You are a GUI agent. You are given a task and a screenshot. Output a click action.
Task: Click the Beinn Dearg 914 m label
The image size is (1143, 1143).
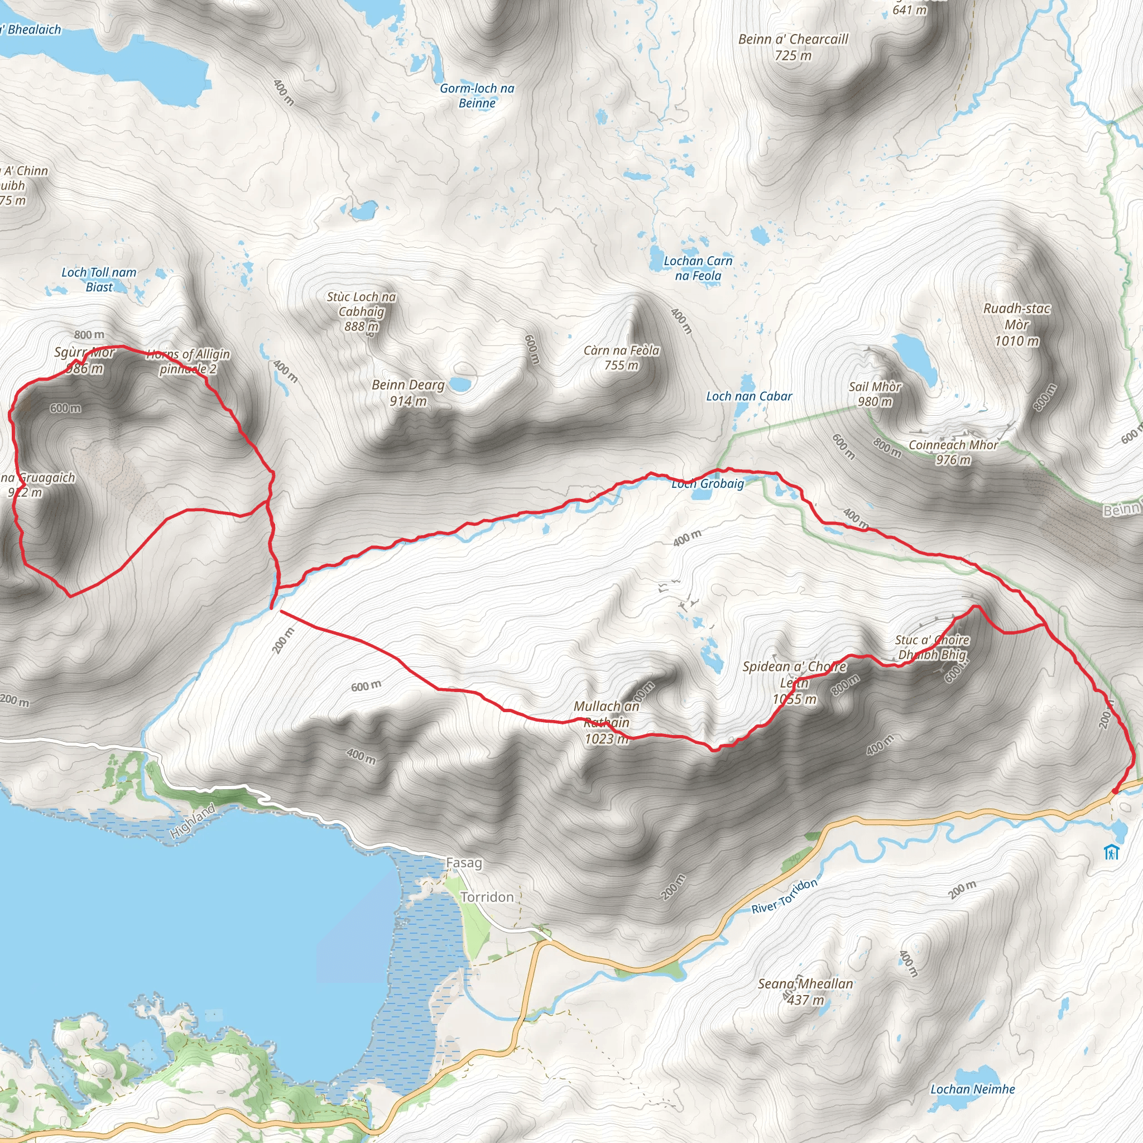click(x=407, y=393)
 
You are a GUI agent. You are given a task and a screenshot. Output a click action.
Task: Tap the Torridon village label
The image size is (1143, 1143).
click(x=487, y=897)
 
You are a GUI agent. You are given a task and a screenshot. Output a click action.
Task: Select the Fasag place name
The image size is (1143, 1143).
click(x=464, y=863)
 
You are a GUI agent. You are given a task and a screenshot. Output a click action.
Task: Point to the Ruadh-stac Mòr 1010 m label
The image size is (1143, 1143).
click(x=1016, y=324)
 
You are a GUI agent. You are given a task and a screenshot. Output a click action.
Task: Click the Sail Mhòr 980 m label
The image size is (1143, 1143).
click(x=875, y=394)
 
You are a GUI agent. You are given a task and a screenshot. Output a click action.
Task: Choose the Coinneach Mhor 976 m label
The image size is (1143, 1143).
click(x=953, y=452)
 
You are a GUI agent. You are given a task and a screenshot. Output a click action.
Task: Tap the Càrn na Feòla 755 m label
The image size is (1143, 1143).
click(x=621, y=357)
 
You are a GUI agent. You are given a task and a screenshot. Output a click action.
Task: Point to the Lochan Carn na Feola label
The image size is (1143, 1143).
click(x=698, y=268)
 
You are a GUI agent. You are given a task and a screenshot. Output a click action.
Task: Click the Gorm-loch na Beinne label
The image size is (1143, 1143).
click(x=477, y=95)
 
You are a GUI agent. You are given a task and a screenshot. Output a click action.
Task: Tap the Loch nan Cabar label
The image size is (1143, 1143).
click(x=749, y=396)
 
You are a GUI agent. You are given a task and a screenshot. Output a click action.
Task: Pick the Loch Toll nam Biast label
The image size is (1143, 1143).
click(x=99, y=279)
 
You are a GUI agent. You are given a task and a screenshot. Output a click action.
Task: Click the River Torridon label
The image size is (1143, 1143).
click(x=784, y=896)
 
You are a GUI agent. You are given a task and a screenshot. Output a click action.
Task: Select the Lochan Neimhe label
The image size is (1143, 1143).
click(x=972, y=1089)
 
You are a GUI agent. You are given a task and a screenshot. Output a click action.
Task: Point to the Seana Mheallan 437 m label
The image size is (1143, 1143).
click(x=805, y=992)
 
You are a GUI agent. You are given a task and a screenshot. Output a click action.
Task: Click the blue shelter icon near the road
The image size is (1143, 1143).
click(x=1111, y=853)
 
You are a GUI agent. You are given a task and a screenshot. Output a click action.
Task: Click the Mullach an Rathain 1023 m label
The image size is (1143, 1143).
click(x=607, y=722)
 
